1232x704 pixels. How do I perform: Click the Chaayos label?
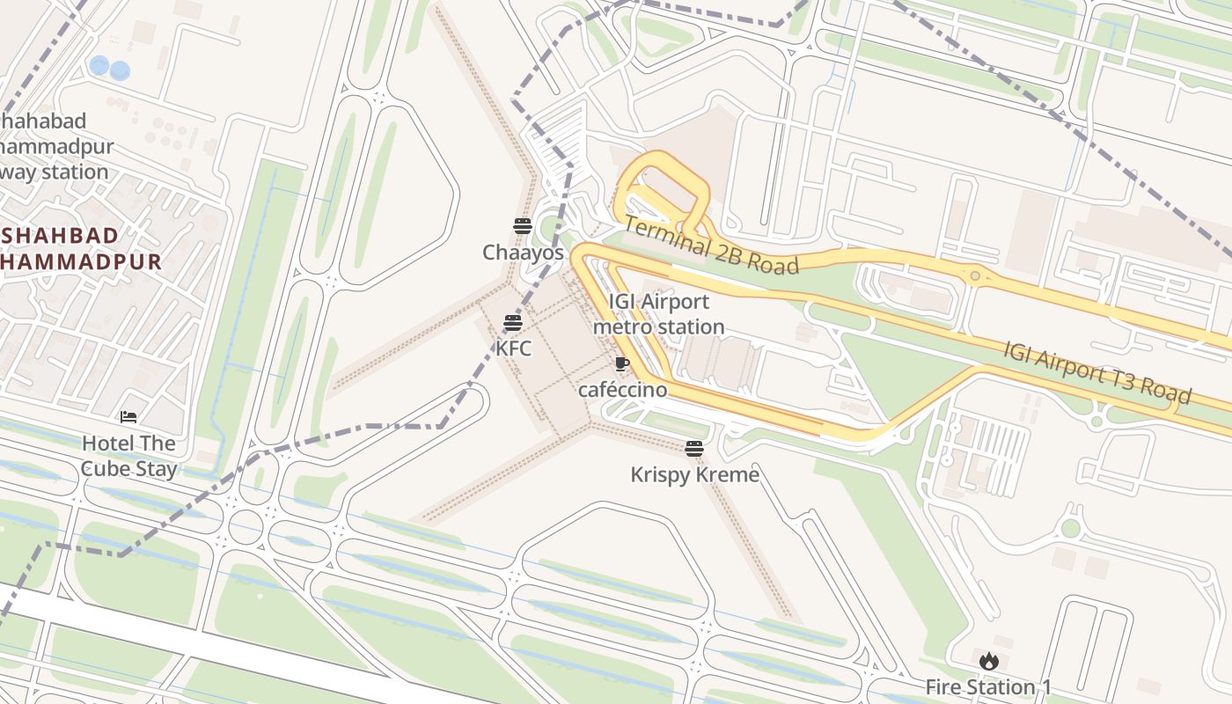(x=523, y=253)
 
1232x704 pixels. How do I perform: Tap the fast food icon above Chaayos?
(x=523, y=226)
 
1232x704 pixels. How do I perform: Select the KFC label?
(x=514, y=348)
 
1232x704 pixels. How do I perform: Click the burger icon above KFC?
(x=513, y=323)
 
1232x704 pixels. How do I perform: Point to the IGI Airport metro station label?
(x=658, y=314)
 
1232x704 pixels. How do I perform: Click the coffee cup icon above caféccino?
(x=622, y=364)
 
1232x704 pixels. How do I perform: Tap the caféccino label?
(x=622, y=389)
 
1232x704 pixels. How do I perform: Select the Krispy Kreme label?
(x=694, y=475)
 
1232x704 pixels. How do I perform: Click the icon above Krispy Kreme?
(x=694, y=449)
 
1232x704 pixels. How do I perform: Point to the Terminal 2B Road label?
(x=711, y=246)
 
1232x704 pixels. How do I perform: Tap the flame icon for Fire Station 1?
(x=988, y=660)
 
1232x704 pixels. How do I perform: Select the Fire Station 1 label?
(x=988, y=686)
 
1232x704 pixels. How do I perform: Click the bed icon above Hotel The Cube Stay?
(x=128, y=416)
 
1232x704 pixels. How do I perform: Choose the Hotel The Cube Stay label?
(x=128, y=456)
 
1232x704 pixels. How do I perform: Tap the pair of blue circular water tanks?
(x=110, y=68)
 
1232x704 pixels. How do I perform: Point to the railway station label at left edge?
(x=53, y=146)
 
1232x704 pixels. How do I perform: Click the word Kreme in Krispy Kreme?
(x=726, y=475)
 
